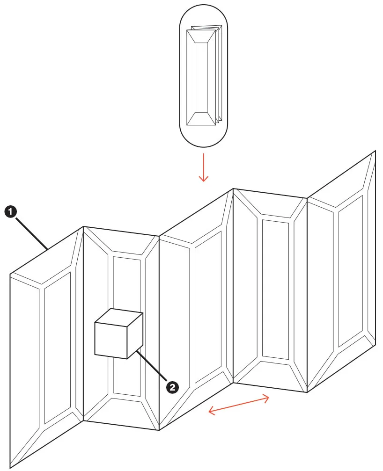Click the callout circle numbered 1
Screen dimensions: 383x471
pyautogui.click(x=10, y=212)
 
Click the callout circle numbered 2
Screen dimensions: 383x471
pyautogui.click(x=173, y=387)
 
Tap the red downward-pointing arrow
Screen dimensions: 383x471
pyautogui.click(x=204, y=167)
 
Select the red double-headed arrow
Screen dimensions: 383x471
pyautogui.click(x=239, y=404)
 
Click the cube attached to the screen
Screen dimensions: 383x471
pyautogui.click(x=119, y=333)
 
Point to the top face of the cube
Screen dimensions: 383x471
pyautogui.click(x=119, y=318)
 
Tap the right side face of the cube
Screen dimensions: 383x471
pyautogui.click(x=135, y=336)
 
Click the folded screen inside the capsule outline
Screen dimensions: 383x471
pyautogui.click(x=204, y=75)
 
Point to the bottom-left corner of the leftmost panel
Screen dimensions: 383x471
pyautogui.click(x=10, y=468)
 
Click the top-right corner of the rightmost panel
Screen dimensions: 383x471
pyautogui.click(x=376, y=151)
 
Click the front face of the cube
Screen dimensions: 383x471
pyautogui.click(x=111, y=341)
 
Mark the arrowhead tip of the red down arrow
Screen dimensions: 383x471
pyautogui.click(x=204, y=182)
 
